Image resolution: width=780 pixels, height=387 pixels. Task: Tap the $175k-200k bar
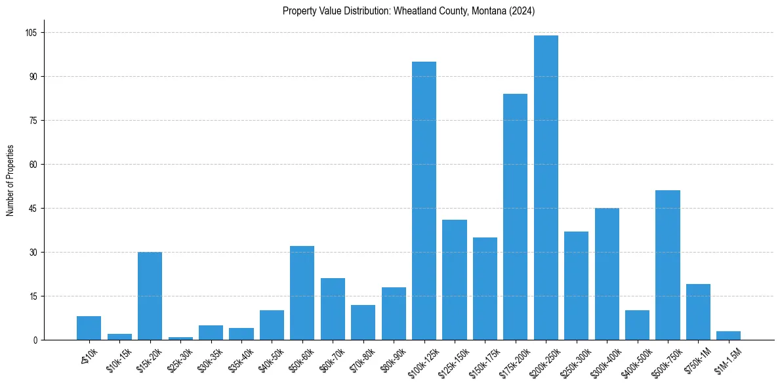point(515,216)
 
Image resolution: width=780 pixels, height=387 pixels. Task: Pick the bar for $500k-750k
point(668,265)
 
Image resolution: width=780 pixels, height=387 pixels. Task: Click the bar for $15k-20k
point(150,296)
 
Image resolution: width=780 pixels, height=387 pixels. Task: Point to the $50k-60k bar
point(302,293)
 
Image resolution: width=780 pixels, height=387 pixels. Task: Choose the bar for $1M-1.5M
point(729,335)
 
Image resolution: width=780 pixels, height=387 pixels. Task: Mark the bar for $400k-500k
point(637,325)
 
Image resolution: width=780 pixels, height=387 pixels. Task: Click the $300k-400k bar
point(607,274)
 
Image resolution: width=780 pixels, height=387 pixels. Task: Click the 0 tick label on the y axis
point(35,340)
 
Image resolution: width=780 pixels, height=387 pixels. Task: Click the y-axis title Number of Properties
point(10,180)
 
